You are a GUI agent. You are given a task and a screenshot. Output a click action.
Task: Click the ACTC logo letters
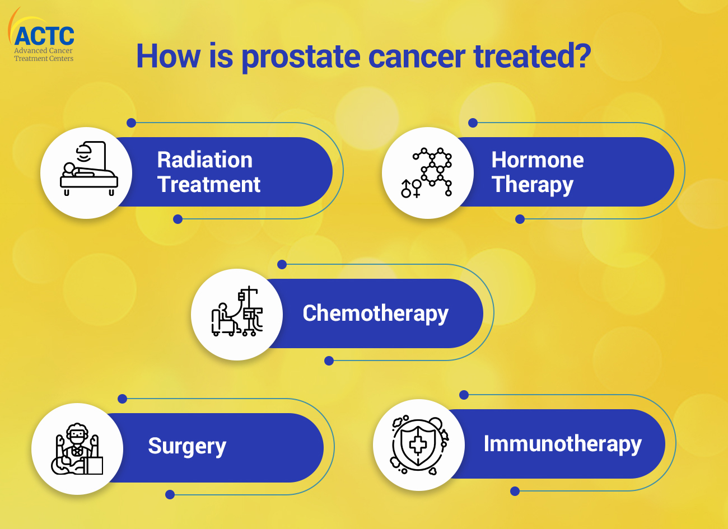(44, 36)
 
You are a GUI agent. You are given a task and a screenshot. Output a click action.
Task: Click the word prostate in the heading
(301, 58)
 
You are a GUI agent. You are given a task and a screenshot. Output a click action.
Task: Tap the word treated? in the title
(532, 56)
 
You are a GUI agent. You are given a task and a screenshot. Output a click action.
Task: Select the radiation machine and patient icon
(88, 168)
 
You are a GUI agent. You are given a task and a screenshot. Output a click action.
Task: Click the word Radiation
(205, 160)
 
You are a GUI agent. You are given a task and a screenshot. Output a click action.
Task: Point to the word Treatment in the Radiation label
(209, 184)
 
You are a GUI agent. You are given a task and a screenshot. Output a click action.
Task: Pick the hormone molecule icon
(426, 172)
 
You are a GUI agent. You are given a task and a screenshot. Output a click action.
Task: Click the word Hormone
(538, 160)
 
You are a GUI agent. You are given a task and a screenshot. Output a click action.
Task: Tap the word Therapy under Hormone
(532, 185)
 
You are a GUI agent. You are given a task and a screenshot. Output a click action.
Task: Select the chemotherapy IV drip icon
(237, 311)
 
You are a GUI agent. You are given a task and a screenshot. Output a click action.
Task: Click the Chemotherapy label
(375, 313)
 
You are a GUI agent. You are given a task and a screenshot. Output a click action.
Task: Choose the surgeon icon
(77, 449)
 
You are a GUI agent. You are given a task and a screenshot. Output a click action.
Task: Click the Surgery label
(187, 447)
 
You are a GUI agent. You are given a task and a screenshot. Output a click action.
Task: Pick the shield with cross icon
(419, 444)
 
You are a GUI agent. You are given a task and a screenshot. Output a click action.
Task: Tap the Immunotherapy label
(563, 444)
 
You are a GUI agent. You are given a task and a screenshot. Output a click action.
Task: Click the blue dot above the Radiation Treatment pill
(131, 123)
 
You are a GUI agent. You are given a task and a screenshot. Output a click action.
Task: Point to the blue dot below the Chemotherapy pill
(329, 361)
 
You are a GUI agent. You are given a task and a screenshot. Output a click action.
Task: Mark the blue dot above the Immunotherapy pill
(464, 395)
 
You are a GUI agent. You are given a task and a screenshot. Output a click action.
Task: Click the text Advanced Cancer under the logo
(43, 51)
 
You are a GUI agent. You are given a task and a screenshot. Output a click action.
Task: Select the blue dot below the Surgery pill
(170, 494)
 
